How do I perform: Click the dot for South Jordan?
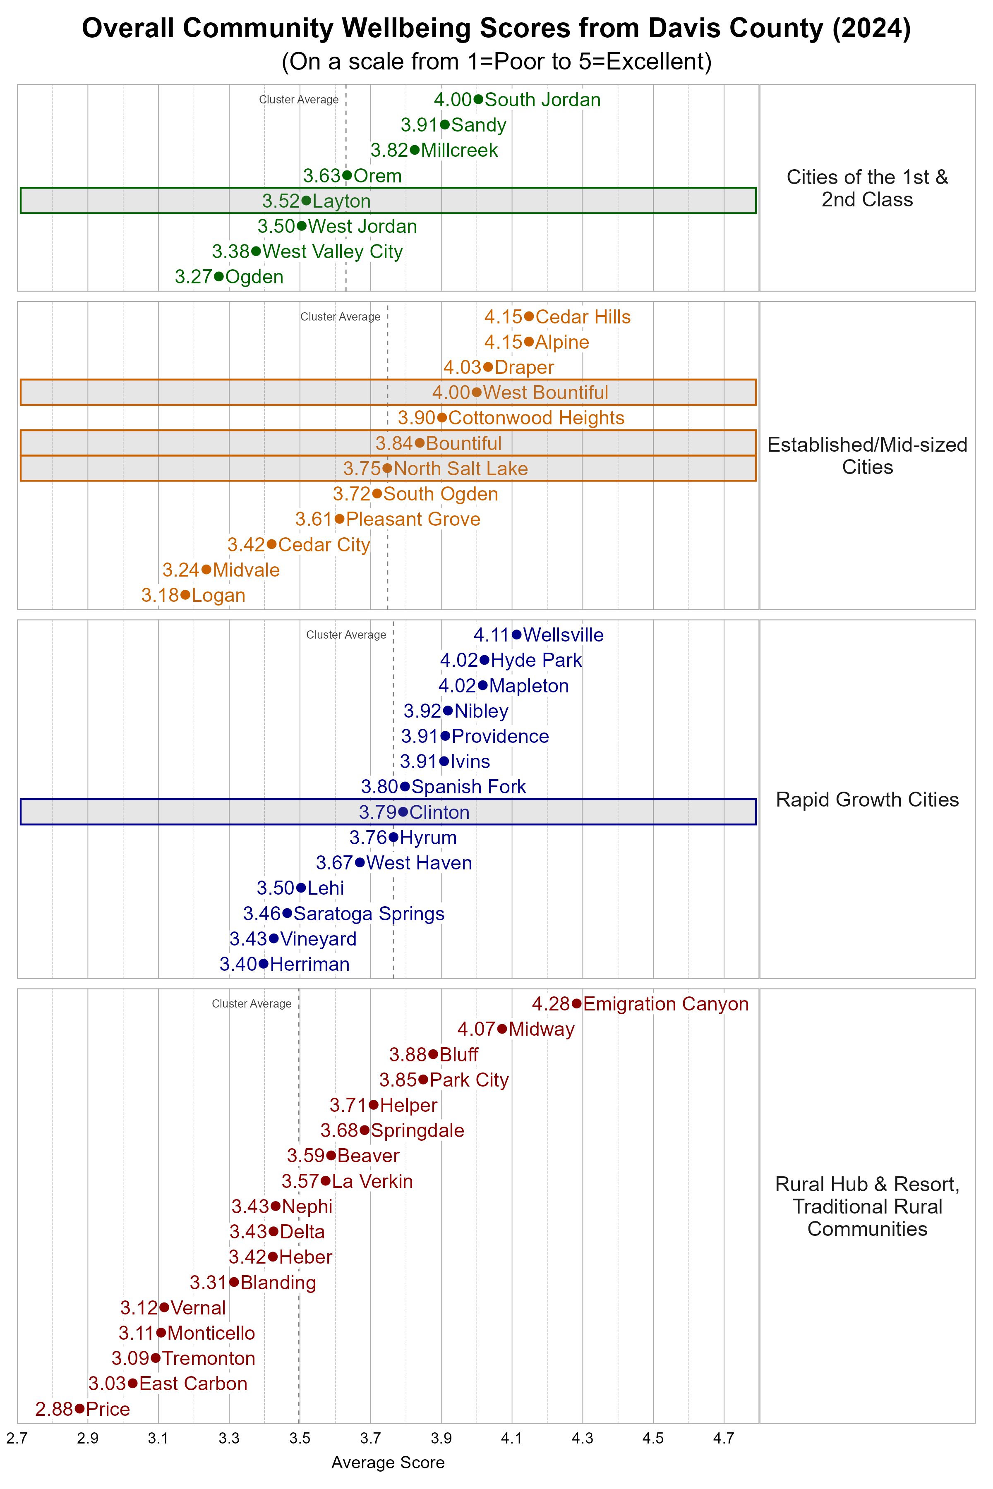coord(478,99)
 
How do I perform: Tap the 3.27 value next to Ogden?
coord(193,277)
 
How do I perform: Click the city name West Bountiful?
coord(545,393)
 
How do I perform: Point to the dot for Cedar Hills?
coord(529,316)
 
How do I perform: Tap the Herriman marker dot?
coord(264,964)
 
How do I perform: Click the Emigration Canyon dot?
coord(576,1003)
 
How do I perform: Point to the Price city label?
coord(108,1409)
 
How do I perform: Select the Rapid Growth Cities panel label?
coord(867,800)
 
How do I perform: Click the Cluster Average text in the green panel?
coord(298,99)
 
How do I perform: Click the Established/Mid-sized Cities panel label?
coord(867,456)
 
